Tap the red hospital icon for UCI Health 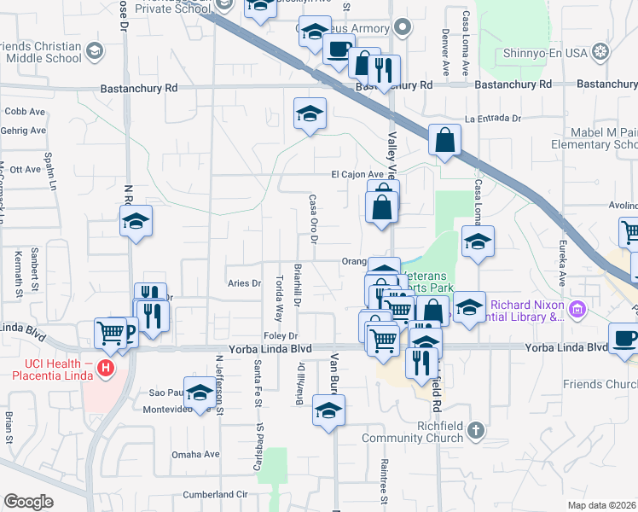click(x=106, y=369)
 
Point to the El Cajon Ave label click(x=357, y=174)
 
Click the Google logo click(x=28, y=502)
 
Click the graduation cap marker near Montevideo click(x=200, y=393)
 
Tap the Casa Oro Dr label click(x=313, y=218)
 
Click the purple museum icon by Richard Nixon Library click(x=578, y=308)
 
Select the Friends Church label click(x=598, y=385)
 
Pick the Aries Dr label click(x=243, y=283)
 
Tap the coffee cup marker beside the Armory click(x=339, y=49)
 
